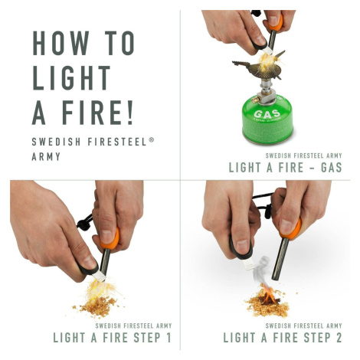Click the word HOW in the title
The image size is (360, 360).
click(x=61, y=43)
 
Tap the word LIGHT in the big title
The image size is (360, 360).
click(x=71, y=77)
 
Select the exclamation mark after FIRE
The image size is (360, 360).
click(x=130, y=112)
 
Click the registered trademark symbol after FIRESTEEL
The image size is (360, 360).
click(x=152, y=139)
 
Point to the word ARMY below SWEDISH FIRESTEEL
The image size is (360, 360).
click(x=46, y=156)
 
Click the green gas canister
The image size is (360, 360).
click(x=267, y=119)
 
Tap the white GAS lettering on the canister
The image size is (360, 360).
click(x=267, y=114)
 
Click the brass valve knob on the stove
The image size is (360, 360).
click(x=255, y=100)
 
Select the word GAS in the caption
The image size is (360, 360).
click(x=331, y=168)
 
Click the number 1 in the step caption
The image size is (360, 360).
click(x=168, y=338)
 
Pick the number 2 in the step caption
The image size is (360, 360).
click(x=339, y=338)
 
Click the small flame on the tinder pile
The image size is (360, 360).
click(x=267, y=294)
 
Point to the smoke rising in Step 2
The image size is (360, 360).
click(x=261, y=270)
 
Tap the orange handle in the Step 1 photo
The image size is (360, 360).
click(x=111, y=239)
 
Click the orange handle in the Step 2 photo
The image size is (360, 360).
click(x=290, y=230)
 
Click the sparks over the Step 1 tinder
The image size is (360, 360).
click(x=100, y=290)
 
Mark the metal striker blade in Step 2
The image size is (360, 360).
click(x=248, y=263)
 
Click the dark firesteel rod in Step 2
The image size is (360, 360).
click(x=280, y=259)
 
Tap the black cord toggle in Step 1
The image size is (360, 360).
click(x=83, y=223)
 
